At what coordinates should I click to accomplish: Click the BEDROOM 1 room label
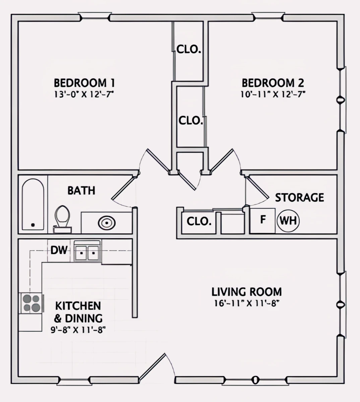[84, 82]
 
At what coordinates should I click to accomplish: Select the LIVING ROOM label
[246, 292]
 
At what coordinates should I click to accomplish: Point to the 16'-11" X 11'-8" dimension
[246, 304]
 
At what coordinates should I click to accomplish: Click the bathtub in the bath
[33, 204]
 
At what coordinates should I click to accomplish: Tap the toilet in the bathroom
[62, 218]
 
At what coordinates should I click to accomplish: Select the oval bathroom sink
[107, 222]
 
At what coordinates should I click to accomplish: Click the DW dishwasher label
[59, 250]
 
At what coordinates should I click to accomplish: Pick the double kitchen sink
[87, 252]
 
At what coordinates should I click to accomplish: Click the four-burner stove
[31, 303]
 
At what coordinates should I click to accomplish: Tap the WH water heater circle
[288, 221]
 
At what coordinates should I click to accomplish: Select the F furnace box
[263, 220]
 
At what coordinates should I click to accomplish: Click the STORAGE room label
[299, 198]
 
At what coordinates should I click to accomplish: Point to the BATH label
[81, 191]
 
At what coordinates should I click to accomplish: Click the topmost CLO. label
[189, 50]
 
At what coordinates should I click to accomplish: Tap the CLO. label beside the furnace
[199, 221]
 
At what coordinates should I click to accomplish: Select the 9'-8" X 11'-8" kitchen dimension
[78, 330]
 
